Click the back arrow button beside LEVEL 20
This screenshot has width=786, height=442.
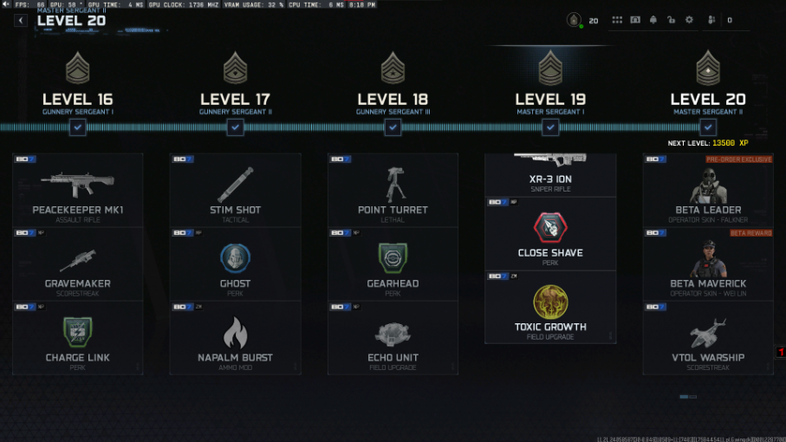click(x=21, y=21)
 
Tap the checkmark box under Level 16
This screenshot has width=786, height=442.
click(x=78, y=127)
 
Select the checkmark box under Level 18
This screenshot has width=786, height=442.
click(x=393, y=127)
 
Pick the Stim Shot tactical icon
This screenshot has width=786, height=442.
click(x=235, y=184)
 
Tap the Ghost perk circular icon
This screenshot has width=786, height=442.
click(x=235, y=257)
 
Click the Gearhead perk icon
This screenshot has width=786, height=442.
click(x=393, y=257)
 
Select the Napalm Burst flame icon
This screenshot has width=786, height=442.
click(x=235, y=332)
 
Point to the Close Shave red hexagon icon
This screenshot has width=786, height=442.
click(x=550, y=227)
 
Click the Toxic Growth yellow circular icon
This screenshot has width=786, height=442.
click(x=550, y=301)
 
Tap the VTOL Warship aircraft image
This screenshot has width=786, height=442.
click(x=708, y=332)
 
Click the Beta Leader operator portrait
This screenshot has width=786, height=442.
click(x=708, y=184)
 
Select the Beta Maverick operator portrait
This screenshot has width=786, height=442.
click(x=708, y=257)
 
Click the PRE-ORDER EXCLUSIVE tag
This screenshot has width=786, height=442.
click(x=738, y=159)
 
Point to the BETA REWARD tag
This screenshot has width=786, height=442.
click(x=750, y=233)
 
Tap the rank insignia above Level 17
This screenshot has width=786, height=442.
click(x=235, y=67)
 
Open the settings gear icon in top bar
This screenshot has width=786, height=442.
click(x=689, y=20)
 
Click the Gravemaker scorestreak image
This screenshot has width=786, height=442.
click(x=78, y=259)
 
